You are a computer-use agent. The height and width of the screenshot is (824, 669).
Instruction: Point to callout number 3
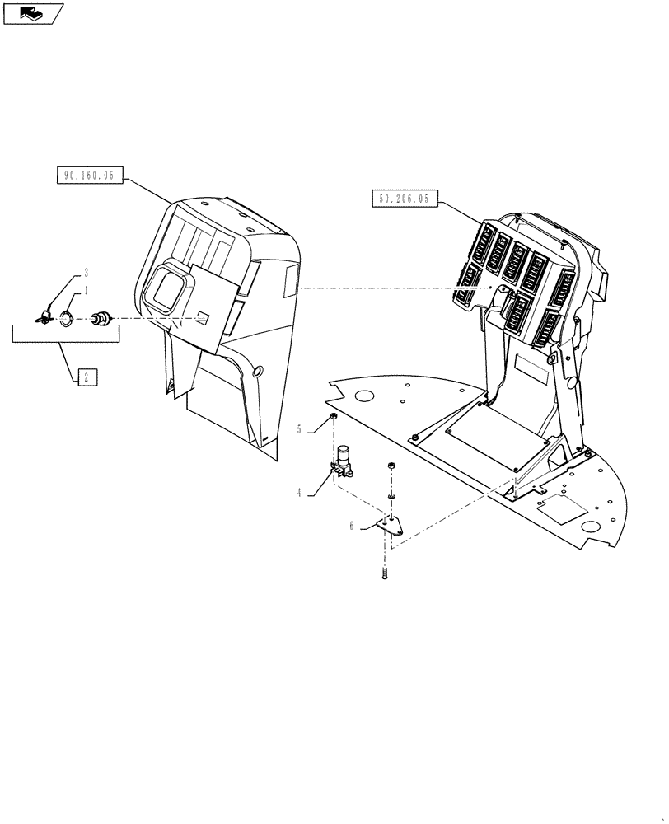click(84, 272)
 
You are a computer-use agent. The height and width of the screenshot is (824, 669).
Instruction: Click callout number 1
click(84, 292)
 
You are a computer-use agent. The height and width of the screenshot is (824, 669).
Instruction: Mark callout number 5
click(300, 428)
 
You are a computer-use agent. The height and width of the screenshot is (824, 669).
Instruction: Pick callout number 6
click(352, 525)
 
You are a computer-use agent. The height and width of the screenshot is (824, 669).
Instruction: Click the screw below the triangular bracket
click(385, 572)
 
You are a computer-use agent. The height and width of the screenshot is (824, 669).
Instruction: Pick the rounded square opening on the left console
click(166, 288)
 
